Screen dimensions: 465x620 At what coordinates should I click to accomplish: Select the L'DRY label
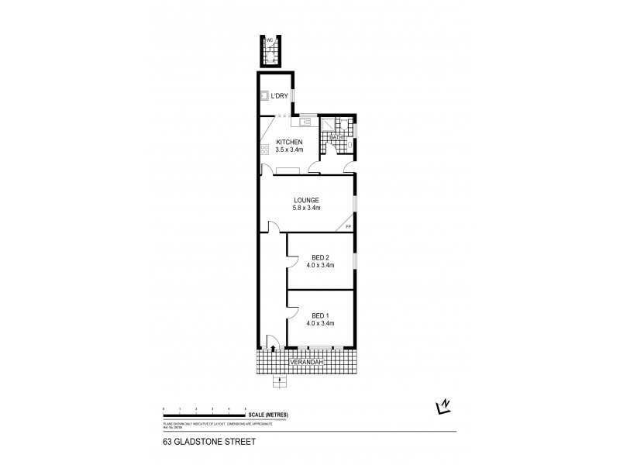click(280, 95)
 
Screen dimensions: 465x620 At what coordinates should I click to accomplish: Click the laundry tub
click(263, 96)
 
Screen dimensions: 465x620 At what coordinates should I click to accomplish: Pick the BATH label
click(336, 137)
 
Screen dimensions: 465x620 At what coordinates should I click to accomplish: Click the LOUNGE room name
click(307, 199)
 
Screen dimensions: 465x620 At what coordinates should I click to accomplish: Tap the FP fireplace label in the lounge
click(348, 226)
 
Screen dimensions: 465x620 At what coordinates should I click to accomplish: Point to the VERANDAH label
click(306, 362)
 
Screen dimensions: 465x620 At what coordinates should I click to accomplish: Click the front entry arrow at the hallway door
click(273, 349)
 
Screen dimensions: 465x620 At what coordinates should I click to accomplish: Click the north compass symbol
click(443, 405)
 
